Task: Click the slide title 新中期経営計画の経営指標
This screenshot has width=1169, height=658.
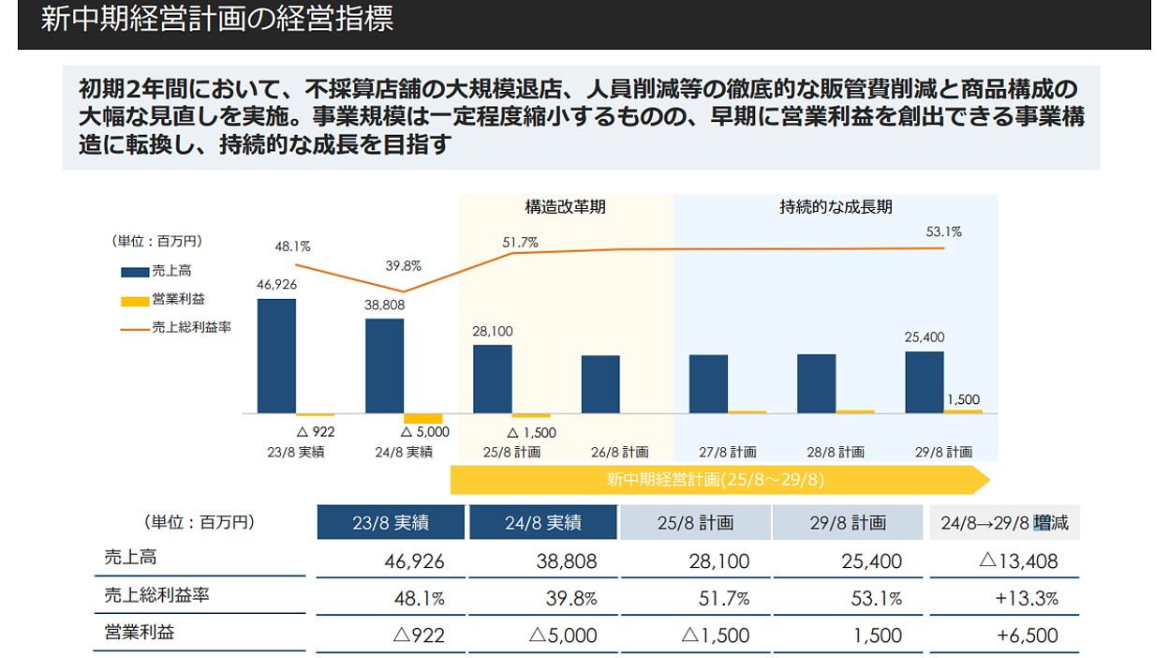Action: tap(217, 20)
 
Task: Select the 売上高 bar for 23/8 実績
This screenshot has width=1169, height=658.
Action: tap(276, 356)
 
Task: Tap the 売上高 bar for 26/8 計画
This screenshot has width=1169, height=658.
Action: tap(600, 384)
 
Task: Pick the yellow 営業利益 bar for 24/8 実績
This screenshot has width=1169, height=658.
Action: tap(422, 418)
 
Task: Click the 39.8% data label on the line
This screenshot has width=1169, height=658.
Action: tap(404, 266)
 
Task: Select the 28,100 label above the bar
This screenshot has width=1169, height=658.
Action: tap(493, 332)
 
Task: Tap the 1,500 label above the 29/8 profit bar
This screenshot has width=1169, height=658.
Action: tap(963, 399)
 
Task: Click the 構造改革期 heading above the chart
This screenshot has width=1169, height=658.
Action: tap(565, 207)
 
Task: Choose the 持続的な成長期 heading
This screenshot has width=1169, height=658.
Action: tap(836, 207)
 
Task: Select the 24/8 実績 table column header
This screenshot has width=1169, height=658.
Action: tap(543, 523)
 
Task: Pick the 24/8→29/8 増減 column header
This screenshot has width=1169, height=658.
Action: tap(1004, 523)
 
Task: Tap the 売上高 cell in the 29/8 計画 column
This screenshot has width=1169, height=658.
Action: tap(872, 561)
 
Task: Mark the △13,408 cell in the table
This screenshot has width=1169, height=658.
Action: tap(1018, 561)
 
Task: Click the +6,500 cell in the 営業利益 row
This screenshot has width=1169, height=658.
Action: tap(1028, 636)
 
